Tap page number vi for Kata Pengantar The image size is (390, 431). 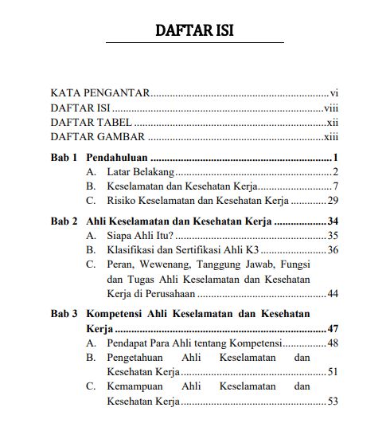(335, 92)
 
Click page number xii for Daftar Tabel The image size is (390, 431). (333, 123)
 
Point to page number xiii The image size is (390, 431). (332, 138)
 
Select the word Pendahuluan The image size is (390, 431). (118, 157)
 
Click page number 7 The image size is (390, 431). (337, 186)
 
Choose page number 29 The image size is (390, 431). (333, 201)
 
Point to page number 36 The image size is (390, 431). (333, 250)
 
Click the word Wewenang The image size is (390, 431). (170, 264)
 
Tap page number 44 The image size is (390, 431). (333, 293)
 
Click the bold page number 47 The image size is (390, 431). (333, 327)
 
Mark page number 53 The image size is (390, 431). (333, 402)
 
